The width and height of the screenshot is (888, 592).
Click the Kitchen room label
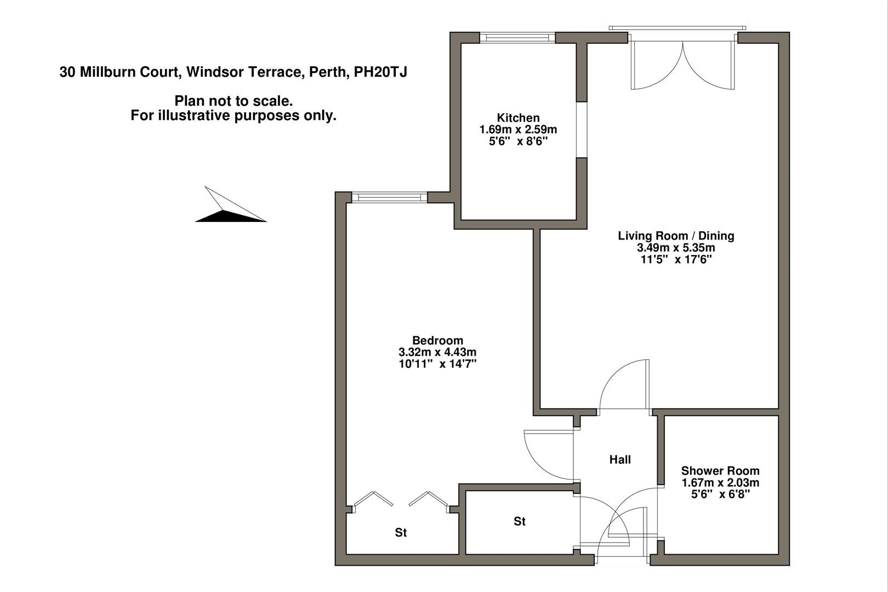[518, 118]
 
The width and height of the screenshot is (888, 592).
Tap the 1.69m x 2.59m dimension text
[518, 130]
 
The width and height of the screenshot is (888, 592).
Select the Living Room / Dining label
[676, 236]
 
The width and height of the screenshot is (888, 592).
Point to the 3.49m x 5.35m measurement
[676, 248]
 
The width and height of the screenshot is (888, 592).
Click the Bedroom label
[437, 340]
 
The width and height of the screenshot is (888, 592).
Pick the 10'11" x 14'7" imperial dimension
[437, 364]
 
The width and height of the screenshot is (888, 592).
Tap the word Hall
[620, 459]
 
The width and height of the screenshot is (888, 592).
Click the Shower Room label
[720, 470]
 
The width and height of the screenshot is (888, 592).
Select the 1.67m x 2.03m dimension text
[720, 483]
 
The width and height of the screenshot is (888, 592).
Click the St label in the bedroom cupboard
[401, 532]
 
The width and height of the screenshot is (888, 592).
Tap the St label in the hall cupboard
[519, 521]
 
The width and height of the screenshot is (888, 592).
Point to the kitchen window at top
[517, 37]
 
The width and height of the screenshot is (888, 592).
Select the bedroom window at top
[389, 197]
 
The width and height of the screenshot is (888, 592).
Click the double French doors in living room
[682, 63]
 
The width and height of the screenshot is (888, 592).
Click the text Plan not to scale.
[234, 101]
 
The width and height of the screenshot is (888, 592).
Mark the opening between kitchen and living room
[582, 129]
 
